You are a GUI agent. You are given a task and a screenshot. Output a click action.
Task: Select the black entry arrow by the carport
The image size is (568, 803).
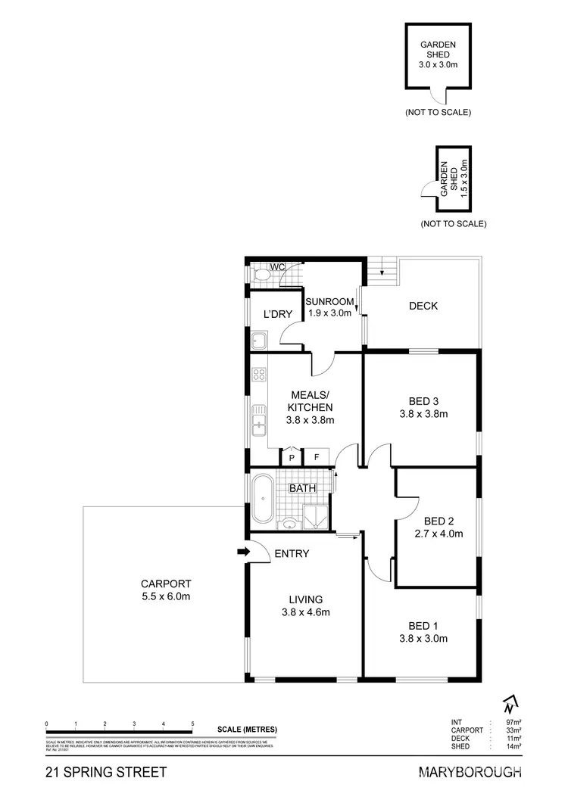[242, 552]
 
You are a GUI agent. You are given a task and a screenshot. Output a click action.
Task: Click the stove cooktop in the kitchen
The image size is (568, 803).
[259, 374]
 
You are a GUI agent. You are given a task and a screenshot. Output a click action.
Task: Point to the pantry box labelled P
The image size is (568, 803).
[292, 457]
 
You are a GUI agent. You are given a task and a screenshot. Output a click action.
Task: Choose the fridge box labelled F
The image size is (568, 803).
[316, 457]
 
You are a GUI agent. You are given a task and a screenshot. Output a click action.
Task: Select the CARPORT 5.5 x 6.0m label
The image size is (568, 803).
[166, 590]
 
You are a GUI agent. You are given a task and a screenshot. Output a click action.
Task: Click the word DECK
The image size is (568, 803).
[423, 306]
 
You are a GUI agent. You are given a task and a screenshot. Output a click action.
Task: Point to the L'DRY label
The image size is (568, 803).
[277, 314]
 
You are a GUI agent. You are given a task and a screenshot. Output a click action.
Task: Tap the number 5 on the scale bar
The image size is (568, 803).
[193, 724]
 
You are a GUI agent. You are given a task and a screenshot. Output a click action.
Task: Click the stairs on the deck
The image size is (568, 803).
[384, 271]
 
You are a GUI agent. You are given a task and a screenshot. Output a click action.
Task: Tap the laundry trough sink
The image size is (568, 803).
[258, 341]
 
